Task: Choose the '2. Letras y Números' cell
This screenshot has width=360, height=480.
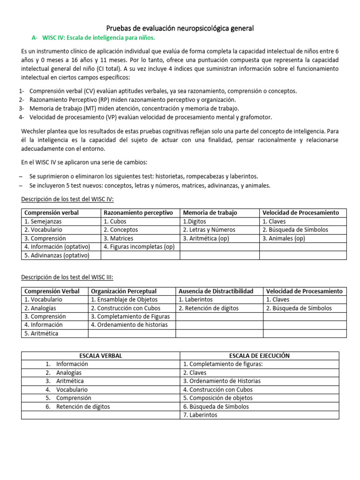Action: tap(209, 230)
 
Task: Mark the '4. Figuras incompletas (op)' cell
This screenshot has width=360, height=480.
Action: tap(139, 247)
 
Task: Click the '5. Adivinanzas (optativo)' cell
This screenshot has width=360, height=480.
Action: tap(56, 255)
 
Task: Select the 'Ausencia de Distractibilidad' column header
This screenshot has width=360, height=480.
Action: tap(216, 291)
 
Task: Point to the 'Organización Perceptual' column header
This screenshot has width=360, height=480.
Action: tap(124, 291)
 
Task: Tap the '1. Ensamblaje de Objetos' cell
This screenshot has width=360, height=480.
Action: tap(124, 300)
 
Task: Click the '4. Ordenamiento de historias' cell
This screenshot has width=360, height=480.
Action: tap(129, 324)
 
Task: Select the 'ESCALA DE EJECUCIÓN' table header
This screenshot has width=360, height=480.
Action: tap(259, 356)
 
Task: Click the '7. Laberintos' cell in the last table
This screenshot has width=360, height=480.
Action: tap(200, 415)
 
